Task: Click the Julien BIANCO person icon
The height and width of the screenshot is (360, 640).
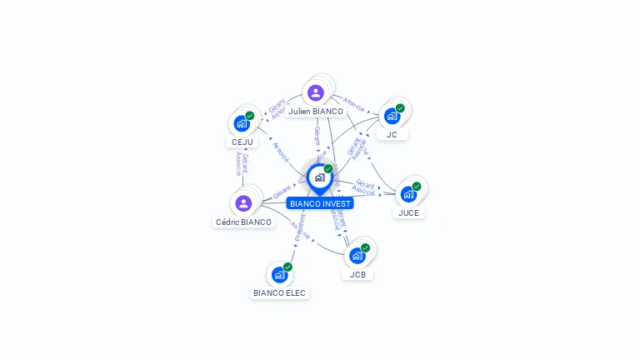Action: tap(315, 92)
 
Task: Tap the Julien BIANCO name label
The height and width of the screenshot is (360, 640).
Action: tap(316, 111)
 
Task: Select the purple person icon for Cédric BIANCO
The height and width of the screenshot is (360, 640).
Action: tap(243, 202)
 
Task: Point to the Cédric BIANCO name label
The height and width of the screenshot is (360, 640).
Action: tap(243, 222)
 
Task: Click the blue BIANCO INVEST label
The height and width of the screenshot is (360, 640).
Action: tap(320, 203)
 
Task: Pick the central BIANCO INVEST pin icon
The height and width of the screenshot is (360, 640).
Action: tap(319, 177)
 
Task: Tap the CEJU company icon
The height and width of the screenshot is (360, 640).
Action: tap(242, 123)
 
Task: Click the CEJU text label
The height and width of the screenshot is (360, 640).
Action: tap(241, 142)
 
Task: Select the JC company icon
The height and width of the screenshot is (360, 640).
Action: tap(392, 116)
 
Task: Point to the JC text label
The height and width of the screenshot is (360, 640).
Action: tap(392, 134)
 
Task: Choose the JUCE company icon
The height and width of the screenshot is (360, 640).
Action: tap(408, 194)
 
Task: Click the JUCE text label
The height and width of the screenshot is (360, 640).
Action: tap(408, 212)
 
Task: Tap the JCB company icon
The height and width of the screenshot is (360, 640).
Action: tap(357, 256)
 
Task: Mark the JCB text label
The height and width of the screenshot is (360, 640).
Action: tap(357, 274)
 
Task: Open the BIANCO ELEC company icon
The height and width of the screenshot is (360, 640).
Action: tap(279, 274)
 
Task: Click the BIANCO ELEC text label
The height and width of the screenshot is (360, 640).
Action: tap(280, 292)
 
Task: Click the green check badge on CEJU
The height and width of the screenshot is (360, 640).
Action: tap(249, 116)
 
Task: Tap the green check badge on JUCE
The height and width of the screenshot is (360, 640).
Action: tap(417, 187)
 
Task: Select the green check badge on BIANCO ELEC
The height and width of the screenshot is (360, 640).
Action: tap(287, 267)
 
